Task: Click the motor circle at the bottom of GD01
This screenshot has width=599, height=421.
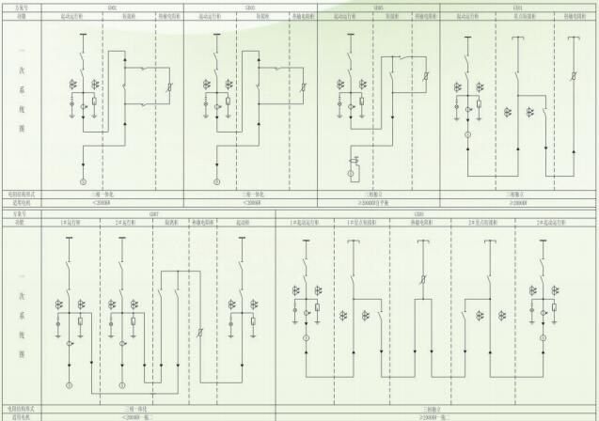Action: click(82, 179)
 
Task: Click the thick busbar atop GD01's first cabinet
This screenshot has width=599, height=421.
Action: click(82, 35)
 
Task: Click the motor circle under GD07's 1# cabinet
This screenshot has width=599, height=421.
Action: click(69, 385)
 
